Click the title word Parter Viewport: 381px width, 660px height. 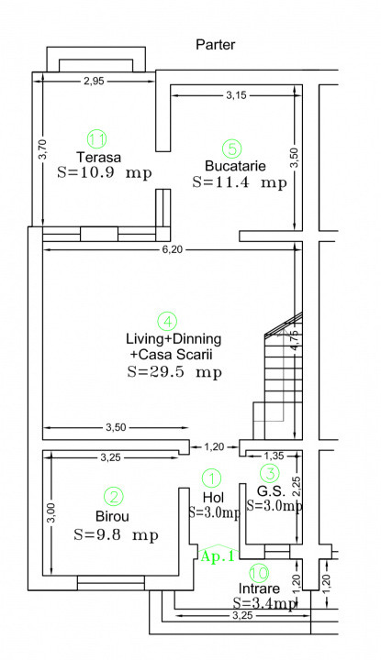coord(216,45)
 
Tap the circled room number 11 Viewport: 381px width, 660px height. coord(96,139)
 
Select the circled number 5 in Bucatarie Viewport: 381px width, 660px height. coord(232,148)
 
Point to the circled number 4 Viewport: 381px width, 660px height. coord(167,322)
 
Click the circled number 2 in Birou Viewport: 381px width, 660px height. coord(114,497)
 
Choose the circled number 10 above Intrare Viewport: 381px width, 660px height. coord(259,572)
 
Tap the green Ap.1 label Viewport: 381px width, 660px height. coord(217,556)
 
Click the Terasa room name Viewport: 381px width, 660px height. coord(98,157)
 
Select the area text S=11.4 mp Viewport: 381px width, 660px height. coord(240,182)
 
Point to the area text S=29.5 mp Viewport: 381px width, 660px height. coord(174,372)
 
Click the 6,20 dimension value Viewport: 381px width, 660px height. coord(172,249)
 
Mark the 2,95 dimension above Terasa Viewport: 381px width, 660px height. coord(94,82)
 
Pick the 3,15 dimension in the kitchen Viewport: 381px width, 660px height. coord(236,95)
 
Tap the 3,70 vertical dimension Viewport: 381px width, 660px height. coord(43,149)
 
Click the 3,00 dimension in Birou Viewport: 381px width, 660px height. coord(51,513)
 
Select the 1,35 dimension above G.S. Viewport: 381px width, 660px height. coord(274,456)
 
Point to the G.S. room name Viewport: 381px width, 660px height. coord(272,490)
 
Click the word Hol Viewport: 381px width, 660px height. coord(213,497)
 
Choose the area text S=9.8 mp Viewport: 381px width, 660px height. coord(116,535)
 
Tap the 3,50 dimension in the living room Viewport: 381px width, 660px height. coord(116,428)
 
